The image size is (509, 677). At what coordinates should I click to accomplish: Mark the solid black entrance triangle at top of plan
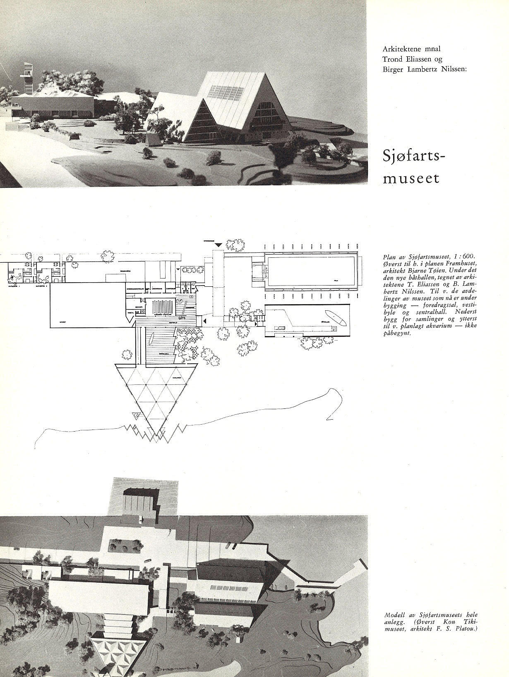218,246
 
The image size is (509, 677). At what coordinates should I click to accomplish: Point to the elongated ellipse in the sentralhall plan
151,340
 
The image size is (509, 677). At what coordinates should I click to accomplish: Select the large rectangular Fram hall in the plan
310,272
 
